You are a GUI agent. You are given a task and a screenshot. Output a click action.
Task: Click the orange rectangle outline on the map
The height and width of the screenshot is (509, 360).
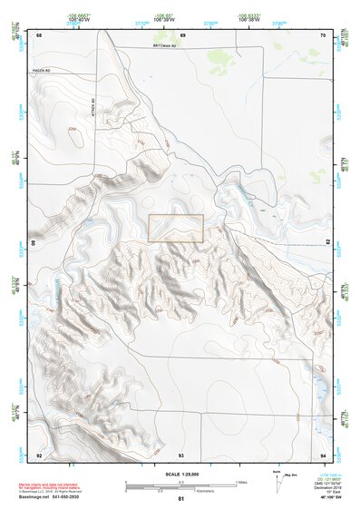click(176, 228)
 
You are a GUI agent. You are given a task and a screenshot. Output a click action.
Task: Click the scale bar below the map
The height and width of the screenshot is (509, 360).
click(181, 487)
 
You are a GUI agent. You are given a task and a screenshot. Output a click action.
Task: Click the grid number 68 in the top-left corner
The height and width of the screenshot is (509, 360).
click(39, 35)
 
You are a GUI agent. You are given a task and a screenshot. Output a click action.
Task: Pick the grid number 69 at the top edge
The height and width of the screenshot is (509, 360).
click(182, 35)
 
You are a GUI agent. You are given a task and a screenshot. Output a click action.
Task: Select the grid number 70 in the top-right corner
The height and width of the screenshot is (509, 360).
click(324, 35)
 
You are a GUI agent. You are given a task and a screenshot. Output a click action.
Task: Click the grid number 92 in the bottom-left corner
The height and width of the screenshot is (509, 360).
click(39, 454)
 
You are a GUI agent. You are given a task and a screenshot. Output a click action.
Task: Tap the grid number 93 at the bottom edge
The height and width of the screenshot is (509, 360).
click(181, 454)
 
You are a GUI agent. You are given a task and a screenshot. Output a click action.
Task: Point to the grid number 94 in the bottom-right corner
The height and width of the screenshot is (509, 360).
click(324, 454)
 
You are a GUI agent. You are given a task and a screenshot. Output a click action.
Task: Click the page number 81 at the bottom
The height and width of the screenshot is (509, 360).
click(181, 499)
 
